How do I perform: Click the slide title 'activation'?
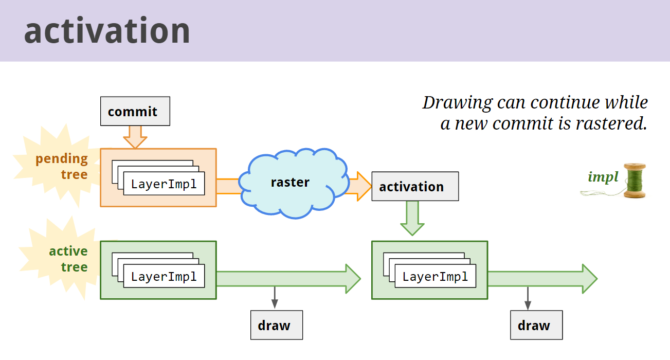click(107, 31)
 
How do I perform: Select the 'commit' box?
click(135, 112)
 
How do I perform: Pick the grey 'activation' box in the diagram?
click(414, 186)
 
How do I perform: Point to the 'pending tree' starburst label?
click(62, 166)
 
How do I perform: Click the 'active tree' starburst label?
click(68, 259)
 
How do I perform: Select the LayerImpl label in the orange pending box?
click(164, 184)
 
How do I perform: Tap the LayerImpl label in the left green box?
click(164, 276)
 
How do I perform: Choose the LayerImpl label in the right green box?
click(435, 276)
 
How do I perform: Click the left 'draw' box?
click(276, 325)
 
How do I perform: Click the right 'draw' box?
click(536, 325)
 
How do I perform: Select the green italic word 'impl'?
click(603, 177)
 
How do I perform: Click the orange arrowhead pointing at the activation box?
click(364, 186)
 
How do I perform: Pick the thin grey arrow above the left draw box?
click(274, 298)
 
